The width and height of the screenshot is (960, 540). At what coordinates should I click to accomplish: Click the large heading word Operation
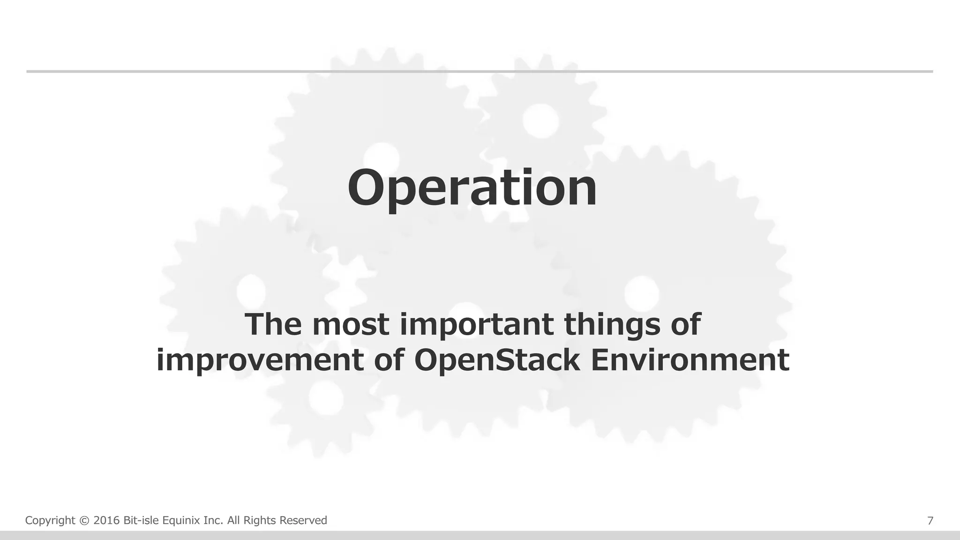pyautogui.click(x=472, y=188)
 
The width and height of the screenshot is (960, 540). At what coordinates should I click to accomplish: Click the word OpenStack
pyautogui.click(x=497, y=360)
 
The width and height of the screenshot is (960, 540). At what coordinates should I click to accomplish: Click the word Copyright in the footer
pyautogui.click(x=50, y=521)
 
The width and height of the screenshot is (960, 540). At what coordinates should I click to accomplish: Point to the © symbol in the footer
pyautogui.click(x=84, y=521)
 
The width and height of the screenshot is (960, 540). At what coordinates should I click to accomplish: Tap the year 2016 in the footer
pyautogui.click(x=107, y=521)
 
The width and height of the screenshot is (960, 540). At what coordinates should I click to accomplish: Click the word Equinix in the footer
pyautogui.click(x=181, y=521)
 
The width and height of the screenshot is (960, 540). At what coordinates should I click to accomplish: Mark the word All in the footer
pyautogui.click(x=234, y=521)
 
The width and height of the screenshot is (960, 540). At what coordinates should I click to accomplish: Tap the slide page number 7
pyautogui.click(x=930, y=521)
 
